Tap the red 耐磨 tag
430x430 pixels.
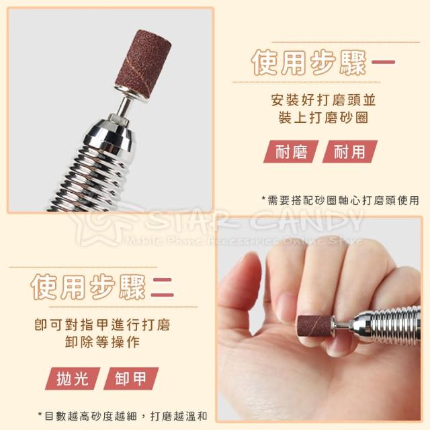291,152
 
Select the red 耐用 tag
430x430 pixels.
349,152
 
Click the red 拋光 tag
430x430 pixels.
73,378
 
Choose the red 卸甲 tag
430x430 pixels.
131,378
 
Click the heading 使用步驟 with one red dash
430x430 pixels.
323,62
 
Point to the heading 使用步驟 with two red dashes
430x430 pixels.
103,287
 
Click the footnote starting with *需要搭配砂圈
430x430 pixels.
340,200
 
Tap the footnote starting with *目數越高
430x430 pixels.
122,416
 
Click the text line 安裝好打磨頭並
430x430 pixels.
323,100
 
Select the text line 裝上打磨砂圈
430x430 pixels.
323,118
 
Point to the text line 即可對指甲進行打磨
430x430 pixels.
103,325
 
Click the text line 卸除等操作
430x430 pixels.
103,342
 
